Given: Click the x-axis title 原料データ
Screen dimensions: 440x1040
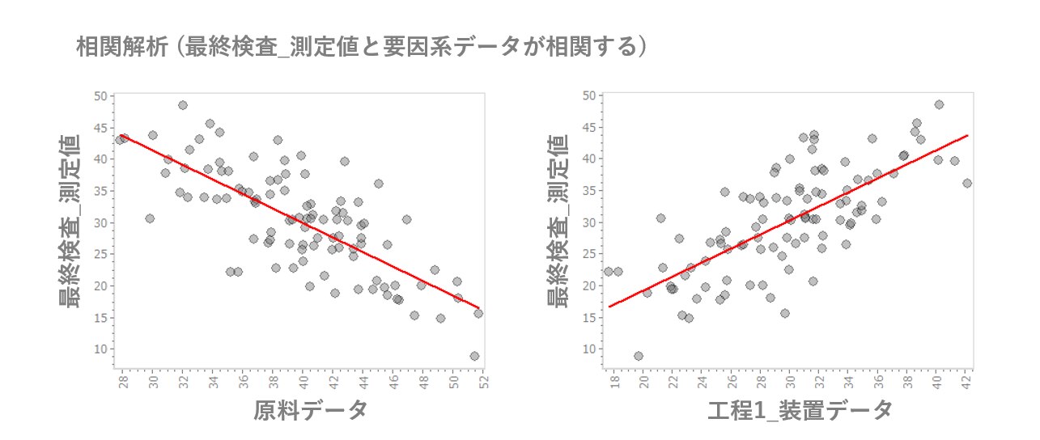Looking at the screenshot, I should [310, 410].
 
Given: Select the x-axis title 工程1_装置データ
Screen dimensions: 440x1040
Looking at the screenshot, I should [800, 410].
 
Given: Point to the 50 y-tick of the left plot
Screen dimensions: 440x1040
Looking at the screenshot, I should [100, 95].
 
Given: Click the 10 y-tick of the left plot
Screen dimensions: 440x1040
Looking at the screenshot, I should [100, 349].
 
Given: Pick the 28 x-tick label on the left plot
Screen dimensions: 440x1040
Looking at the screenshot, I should [123, 382].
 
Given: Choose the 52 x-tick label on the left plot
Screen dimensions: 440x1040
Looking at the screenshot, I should [483, 382].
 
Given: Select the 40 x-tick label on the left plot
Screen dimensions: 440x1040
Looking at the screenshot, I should [303, 382].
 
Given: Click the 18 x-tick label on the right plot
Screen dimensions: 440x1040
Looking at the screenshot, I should [615, 382].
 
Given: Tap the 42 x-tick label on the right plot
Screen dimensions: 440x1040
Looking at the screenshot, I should [968, 382].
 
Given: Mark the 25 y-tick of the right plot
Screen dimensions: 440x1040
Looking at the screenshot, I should [588, 254].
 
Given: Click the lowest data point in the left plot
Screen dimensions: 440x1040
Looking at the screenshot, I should [474, 356].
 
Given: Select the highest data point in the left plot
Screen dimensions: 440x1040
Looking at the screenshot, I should [183, 105].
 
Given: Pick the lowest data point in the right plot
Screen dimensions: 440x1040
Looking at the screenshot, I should [639, 356].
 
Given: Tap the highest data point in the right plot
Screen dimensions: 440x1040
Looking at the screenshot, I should [939, 104].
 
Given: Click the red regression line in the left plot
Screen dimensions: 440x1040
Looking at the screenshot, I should [299, 224].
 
